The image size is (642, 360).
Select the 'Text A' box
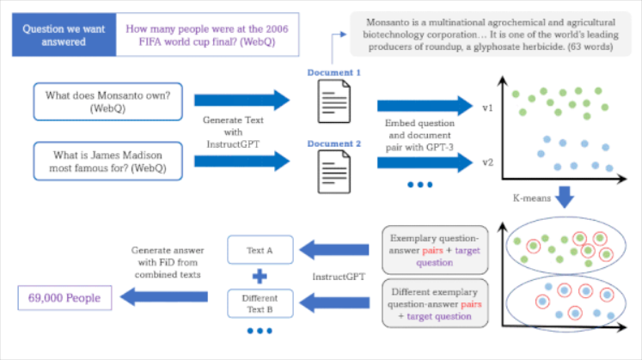pyautogui.click(x=260, y=250)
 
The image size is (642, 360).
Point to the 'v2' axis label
pyautogui.click(x=486, y=161)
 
